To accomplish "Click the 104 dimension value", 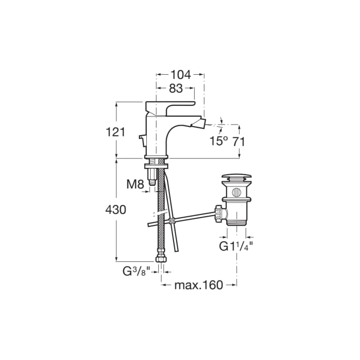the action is (x=181, y=75).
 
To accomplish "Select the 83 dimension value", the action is (x=176, y=88).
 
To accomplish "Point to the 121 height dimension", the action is (x=116, y=132).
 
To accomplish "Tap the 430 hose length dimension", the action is (x=116, y=210).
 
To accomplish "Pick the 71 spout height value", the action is (x=239, y=142).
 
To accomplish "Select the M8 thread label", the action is (x=135, y=184).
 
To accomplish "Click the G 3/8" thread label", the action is (x=136, y=272).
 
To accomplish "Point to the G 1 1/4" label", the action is (x=236, y=247).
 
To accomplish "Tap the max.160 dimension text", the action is (x=198, y=285).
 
